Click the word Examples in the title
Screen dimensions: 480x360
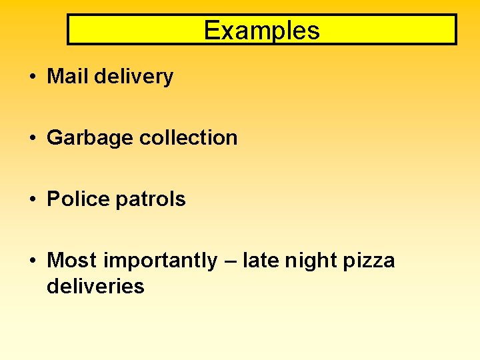(x=261, y=31)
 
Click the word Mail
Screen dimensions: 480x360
(x=68, y=77)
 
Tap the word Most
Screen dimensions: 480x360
(x=72, y=260)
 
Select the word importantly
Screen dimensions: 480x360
(x=160, y=261)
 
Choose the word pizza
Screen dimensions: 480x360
(x=369, y=261)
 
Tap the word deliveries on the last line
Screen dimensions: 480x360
(x=95, y=287)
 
